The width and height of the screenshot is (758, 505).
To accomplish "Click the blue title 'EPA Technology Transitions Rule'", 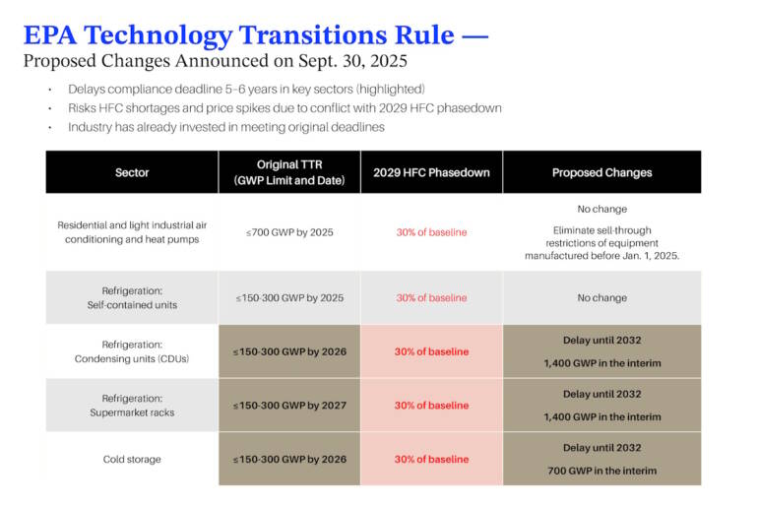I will (x=238, y=35).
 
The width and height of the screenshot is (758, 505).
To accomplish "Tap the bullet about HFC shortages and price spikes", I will (x=284, y=107).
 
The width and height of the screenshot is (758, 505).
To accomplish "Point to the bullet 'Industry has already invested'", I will (x=225, y=127).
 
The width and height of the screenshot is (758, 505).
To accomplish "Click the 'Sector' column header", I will (x=132, y=172).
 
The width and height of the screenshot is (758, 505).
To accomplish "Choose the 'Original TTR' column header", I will (x=290, y=172).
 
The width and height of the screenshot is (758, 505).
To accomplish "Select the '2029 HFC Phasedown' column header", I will (x=431, y=172).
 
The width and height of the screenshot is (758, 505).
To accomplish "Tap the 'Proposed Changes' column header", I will (x=601, y=172).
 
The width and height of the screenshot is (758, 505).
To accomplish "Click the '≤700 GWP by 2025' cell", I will (x=289, y=232).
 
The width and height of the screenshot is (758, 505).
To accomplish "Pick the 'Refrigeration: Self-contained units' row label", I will (x=132, y=297).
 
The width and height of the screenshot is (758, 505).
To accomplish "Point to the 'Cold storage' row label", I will (x=132, y=459).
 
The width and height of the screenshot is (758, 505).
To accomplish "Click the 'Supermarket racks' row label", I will (x=132, y=406).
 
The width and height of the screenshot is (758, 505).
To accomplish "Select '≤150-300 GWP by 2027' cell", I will (x=289, y=406).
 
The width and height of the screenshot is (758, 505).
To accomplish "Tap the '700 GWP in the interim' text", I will (x=601, y=471).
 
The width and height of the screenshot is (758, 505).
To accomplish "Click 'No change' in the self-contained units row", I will (x=601, y=297).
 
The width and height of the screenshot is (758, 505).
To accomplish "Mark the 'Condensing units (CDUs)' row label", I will (x=132, y=351).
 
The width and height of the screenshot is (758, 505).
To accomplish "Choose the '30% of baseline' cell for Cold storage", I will (x=431, y=459).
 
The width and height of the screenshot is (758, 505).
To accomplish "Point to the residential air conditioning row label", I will (x=132, y=232).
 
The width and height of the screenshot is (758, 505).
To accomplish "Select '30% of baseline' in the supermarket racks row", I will (x=431, y=406).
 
